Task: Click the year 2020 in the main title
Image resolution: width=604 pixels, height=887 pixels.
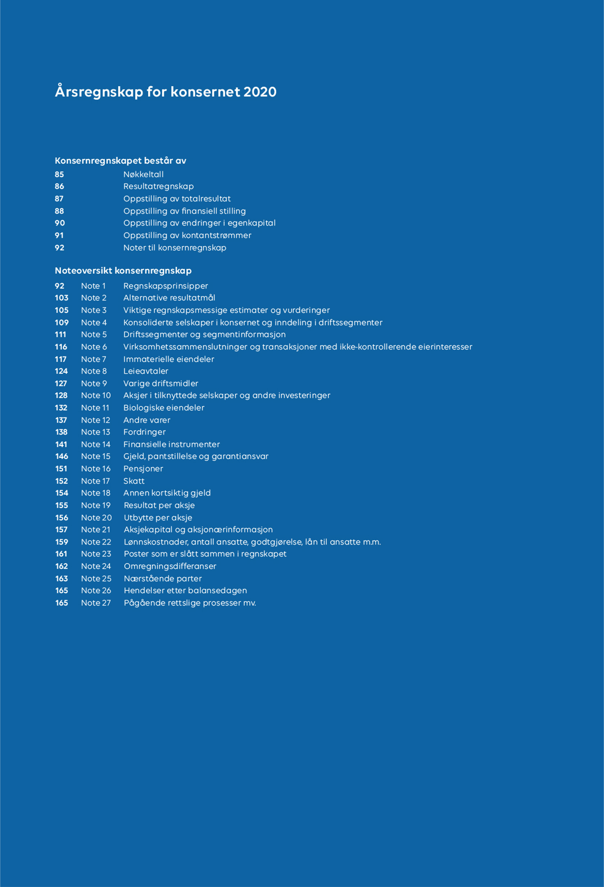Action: point(260,92)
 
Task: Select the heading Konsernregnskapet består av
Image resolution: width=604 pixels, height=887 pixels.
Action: point(120,161)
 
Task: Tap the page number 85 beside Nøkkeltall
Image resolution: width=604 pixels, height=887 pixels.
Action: point(59,174)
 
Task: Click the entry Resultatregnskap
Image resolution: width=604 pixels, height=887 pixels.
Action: point(159,186)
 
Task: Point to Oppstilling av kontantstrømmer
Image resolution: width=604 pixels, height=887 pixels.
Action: point(187,235)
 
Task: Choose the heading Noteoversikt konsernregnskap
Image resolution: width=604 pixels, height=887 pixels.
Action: point(123,271)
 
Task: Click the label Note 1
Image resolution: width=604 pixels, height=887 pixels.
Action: point(93,286)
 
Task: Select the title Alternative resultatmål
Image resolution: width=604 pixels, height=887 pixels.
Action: point(169,298)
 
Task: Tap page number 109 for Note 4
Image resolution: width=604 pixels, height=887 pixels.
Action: point(61,322)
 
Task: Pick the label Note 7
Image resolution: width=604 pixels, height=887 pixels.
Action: point(93,359)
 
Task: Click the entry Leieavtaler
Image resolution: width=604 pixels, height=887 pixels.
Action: point(146,371)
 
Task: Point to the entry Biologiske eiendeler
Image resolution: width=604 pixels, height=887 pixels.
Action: point(164,408)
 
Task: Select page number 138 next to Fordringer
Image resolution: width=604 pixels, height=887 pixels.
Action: point(61,432)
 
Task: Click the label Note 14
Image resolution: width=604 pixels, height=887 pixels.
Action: point(95,444)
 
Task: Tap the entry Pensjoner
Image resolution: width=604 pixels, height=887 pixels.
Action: point(143,469)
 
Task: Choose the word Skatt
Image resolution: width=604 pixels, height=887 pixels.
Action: point(134,481)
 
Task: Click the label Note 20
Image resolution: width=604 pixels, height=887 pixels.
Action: point(96,518)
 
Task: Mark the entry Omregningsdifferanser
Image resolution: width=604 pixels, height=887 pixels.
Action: point(170,566)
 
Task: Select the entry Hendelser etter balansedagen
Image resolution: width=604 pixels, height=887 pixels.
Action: point(185,590)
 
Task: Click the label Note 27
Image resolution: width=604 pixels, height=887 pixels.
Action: point(96,603)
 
